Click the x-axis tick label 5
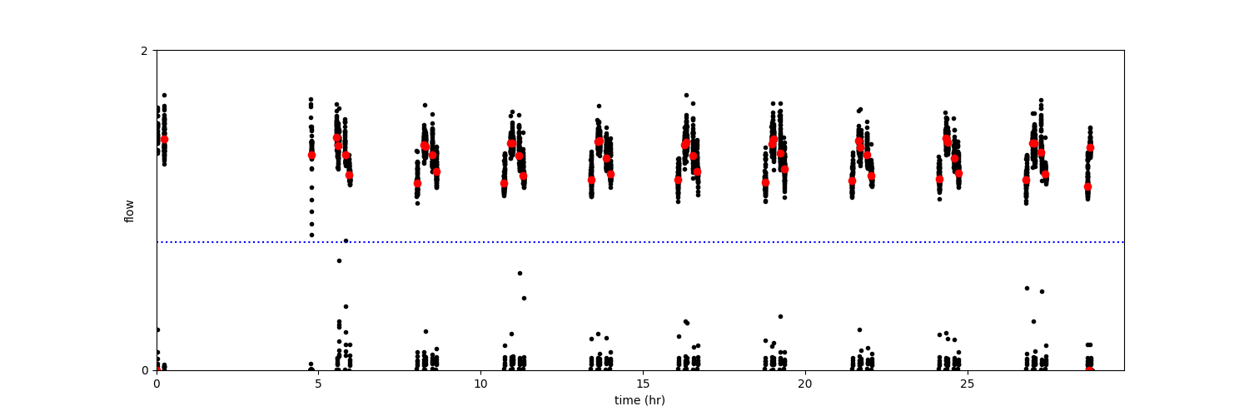[x=318, y=384]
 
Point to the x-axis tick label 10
[x=480, y=384]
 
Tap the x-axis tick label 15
[x=643, y=384]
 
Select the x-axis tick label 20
[x=804, y=384]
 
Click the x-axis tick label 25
[x=967, y=384]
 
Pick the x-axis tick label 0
[x=157, y=384]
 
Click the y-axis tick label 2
[x=144, y=51]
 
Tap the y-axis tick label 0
[x=144, y=370]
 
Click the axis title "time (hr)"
[x=639, y=400]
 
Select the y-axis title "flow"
[x=129, y=210]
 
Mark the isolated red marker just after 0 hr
[x=164, y=139]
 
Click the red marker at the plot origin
[x=157, y=370]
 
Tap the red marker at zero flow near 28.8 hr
[x=1089, y=369]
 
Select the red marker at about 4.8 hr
[x=311, y=155]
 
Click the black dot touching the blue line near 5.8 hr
[x=346, y=240]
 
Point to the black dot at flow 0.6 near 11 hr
[x=520, y=273]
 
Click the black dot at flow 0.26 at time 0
[x=157, y=329]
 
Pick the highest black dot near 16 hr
[x=686, y=95]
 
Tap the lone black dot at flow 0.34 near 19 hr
[x=780, y=316]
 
